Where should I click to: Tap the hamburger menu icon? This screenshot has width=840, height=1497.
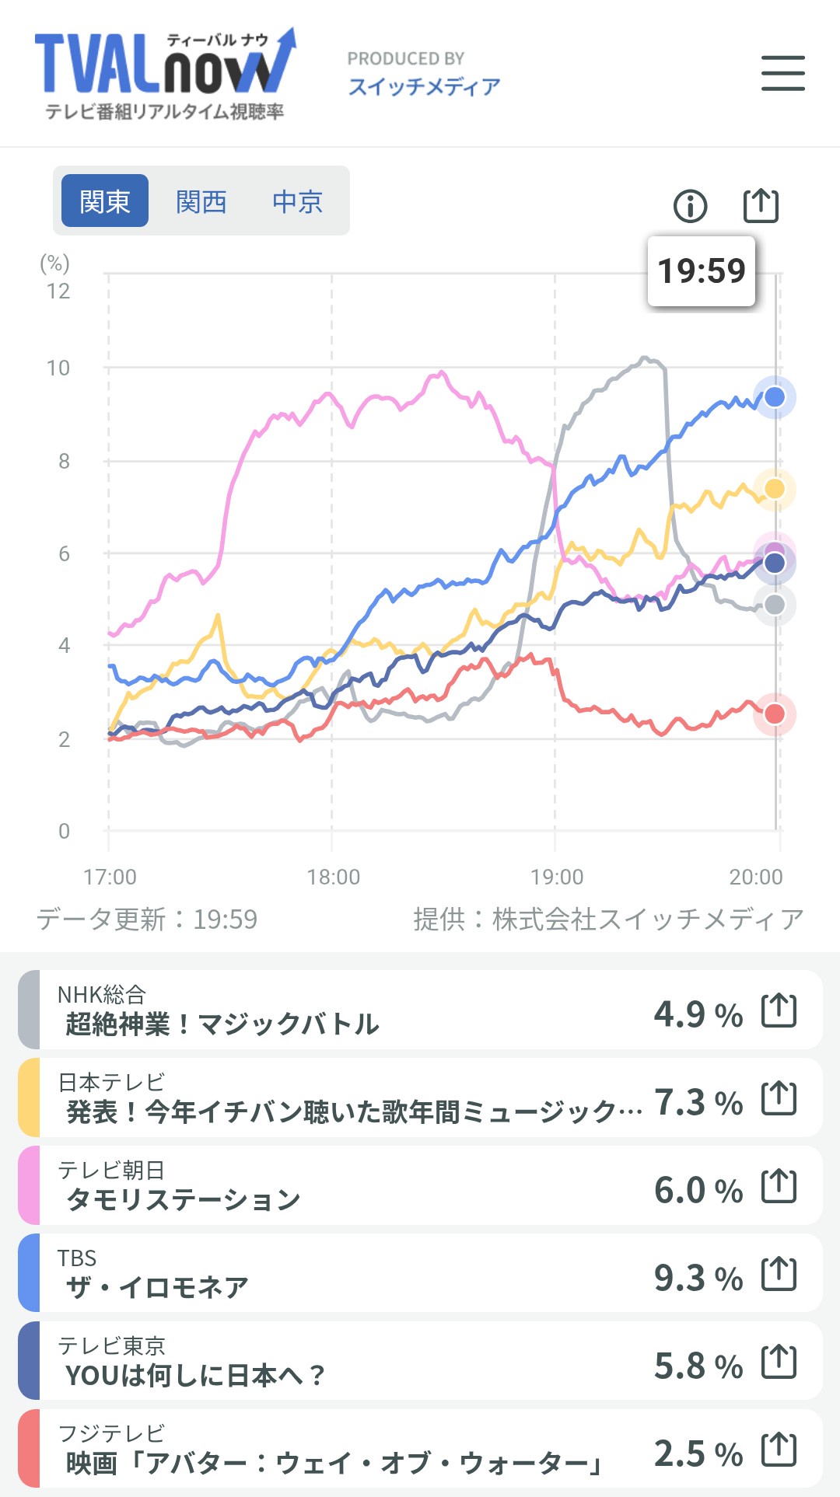(x=782, y=73)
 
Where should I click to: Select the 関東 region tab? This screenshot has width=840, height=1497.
(x=105, y=201)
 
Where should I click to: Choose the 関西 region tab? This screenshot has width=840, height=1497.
(x=201, y=201)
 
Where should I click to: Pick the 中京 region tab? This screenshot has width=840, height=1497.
(x=297, y=201)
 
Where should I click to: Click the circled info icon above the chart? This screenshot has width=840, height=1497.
(x=690, y=206)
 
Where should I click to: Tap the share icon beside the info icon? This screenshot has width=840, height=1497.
(x=761, y=205)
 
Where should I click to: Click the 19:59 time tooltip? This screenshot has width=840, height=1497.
(x=701, y=271)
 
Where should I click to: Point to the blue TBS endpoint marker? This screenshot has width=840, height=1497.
(x=775, y=397)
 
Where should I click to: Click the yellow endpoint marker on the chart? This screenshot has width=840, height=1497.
(x=775, y=489)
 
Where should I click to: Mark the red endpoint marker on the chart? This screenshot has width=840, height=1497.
(x=775, y=714)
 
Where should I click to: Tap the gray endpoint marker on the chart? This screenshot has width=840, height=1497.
(x=775, y=605)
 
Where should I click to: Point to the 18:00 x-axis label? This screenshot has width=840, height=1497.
(x=334, y=878)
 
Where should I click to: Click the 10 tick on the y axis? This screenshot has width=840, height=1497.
(x=58, y=368)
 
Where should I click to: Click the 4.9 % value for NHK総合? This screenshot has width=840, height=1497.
(x=698, y=1014)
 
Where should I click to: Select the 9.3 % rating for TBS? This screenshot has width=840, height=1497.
(x=698, y=1278)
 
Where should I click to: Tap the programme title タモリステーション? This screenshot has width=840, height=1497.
(x=184, y=1200)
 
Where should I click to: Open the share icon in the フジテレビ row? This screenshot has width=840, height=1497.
(x=779, y=1450)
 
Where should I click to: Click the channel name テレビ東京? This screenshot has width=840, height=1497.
(x=111, y=1345)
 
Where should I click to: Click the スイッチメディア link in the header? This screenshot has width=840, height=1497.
(x=424, y=86)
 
